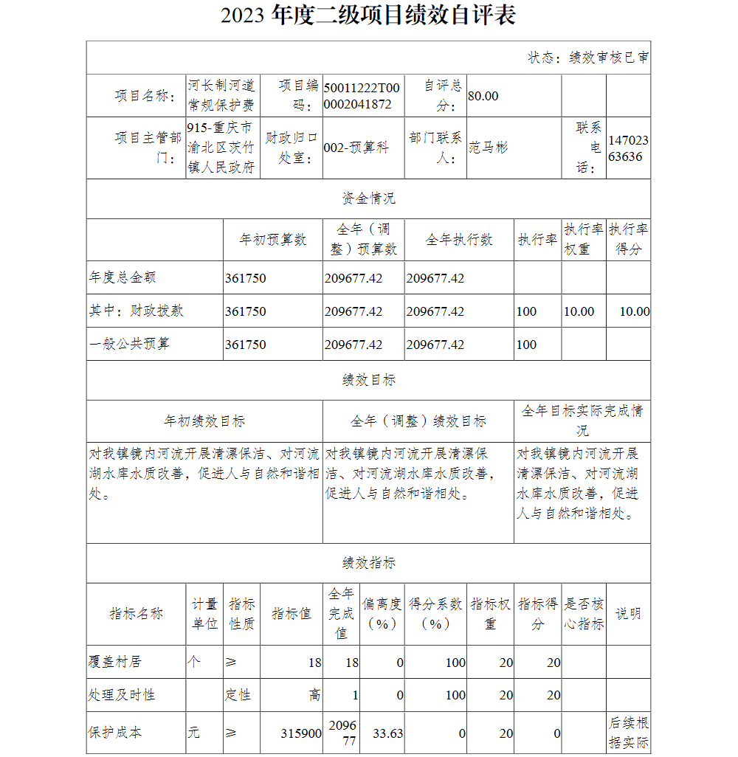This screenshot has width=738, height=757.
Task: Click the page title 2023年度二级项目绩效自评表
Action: pos(368,15)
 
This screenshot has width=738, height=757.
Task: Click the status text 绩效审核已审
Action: pos(610,58)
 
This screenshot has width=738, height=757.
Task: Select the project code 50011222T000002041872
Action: pos(362,96)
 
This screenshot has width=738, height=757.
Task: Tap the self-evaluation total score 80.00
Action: pos(483,96)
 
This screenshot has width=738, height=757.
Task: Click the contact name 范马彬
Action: pos(489,148)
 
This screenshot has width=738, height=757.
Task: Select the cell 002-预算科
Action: pos(356,148)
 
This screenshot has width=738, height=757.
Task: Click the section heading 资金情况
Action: pos(368,198)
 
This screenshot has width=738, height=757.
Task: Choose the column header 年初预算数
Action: pos(273,240)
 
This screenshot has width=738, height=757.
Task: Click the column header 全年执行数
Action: pos(459,240)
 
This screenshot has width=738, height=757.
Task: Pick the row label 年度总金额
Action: pos(123,277)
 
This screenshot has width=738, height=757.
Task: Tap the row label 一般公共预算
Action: pos(129,344)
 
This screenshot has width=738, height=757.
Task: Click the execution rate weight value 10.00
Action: pos(579,311)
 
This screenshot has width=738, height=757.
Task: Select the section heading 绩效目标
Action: pos(368,380)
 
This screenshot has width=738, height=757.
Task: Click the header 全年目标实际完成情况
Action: pos(582,421)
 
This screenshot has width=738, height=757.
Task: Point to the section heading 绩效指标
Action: pos(368,563)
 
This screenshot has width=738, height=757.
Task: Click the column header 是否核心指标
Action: pos(584,614)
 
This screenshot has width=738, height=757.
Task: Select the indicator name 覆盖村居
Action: pos(114,662)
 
